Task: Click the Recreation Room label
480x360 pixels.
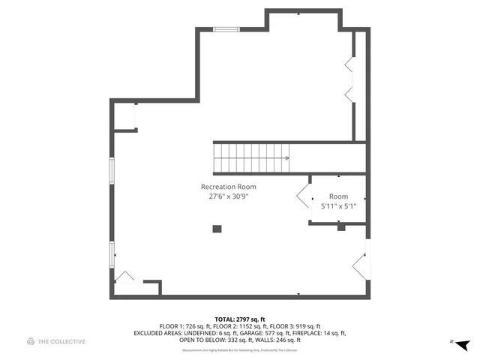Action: (228, 187)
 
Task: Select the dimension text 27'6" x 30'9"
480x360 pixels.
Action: (228, 196)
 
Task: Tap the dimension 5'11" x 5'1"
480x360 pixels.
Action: (338, 205)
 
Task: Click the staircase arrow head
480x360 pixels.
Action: (287, 158)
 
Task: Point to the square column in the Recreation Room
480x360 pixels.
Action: (217, 229)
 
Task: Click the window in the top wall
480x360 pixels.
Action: (223, 30)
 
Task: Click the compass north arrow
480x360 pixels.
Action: (463, 344)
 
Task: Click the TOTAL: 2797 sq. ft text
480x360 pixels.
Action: (240, 319)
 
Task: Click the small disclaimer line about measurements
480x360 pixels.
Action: (240, 350)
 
